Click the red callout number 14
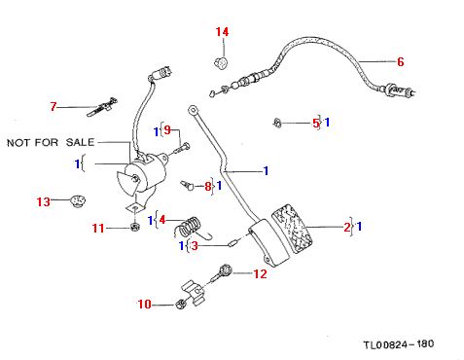[222, 32]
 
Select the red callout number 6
[401, 61]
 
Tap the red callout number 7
[54, 106]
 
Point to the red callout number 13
[44, 201]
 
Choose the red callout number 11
[98, 229]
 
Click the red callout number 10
[145, 305]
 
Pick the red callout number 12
[260, 274]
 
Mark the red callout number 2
[347, 227]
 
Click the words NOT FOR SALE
[51, 142]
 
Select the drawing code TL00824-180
[399, 344]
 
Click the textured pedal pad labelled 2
[292, 229]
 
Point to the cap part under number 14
[222, 62]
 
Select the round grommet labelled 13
[77, 201]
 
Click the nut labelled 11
[133, 227]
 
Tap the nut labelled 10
[180, 304]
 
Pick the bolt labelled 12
[221, 273]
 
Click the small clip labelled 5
[276, 123]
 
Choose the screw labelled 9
[182, 148]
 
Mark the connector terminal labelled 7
[102, 106]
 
